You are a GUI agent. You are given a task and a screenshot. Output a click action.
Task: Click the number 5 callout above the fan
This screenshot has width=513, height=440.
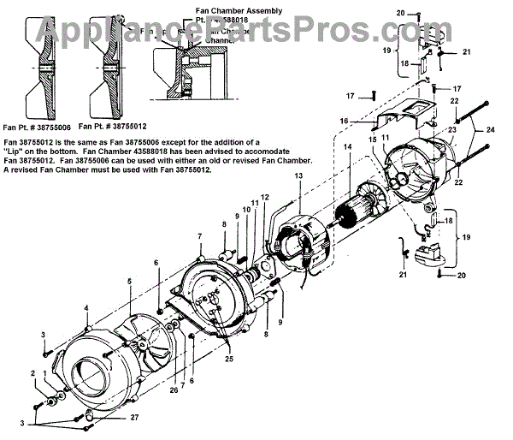coord(129,280)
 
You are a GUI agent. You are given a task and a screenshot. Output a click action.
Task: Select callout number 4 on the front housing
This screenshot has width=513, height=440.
coord(86,307)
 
